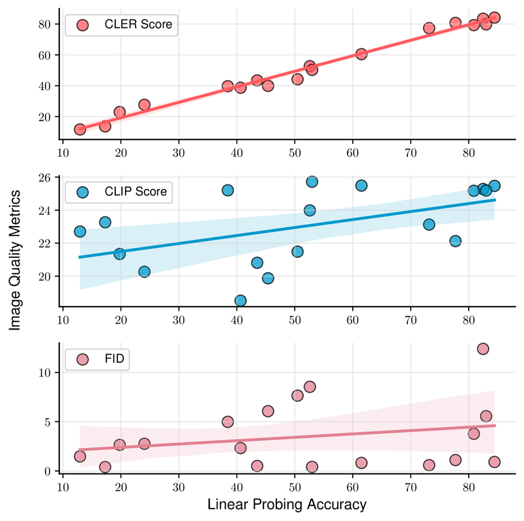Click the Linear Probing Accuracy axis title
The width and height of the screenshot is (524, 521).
pos(278,505)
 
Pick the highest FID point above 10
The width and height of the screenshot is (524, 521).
pos(483,348)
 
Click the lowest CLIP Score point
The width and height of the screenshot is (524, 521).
pos(240,300)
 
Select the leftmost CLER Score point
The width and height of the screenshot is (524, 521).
pos(80,130)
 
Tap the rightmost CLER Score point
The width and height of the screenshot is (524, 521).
pos(495,18)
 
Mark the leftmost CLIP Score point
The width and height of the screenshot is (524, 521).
pos(80,231)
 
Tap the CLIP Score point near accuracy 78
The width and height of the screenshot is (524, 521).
pos(456,241)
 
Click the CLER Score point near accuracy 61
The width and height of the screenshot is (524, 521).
pos(361,54)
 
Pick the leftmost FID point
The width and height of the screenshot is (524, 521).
pos(80,456)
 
